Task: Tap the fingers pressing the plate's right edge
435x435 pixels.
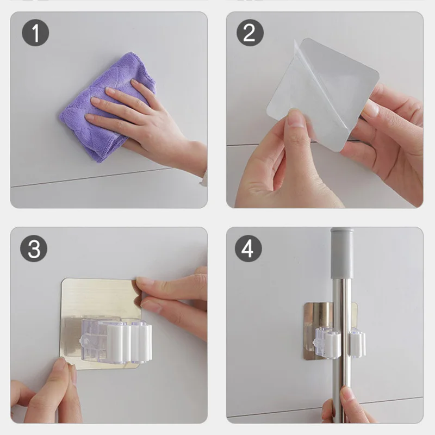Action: click(x=169, y=296)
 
